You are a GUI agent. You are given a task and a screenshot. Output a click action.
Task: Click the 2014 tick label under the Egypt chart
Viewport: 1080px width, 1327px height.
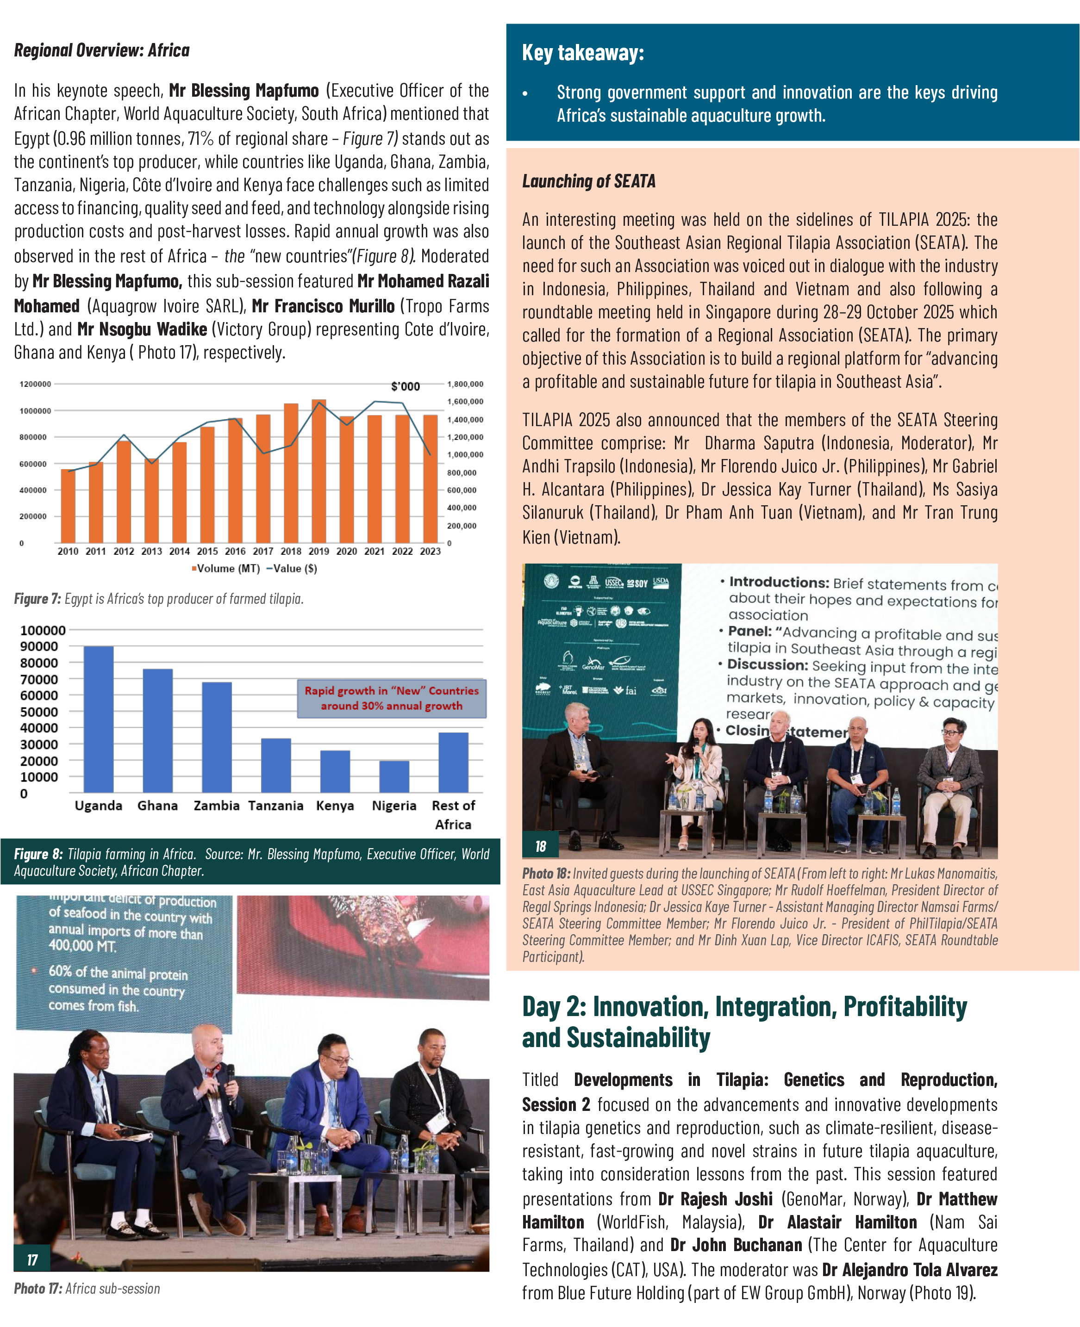[179, 551]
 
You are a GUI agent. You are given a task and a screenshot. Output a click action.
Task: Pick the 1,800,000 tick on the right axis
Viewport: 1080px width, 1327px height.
[465, 384]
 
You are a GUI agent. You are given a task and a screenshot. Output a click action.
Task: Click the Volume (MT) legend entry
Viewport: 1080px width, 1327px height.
[226, 568]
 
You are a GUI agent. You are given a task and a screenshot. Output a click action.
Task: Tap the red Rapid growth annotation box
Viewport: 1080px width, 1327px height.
[391, 698]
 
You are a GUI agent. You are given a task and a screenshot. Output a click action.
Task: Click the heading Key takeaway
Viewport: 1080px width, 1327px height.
[583, 53]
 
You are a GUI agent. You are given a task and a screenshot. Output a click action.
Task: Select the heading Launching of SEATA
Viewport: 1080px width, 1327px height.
[588, 181]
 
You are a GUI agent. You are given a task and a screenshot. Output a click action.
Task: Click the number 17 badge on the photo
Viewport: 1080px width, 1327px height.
[32, 1260]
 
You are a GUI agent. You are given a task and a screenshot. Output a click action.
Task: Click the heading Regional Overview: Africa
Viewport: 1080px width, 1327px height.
[102, 50]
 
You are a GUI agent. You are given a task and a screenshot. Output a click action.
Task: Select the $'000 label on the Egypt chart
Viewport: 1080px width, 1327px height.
[405, 386]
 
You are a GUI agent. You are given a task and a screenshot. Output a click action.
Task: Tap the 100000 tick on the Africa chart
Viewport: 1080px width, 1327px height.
[43, 631]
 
